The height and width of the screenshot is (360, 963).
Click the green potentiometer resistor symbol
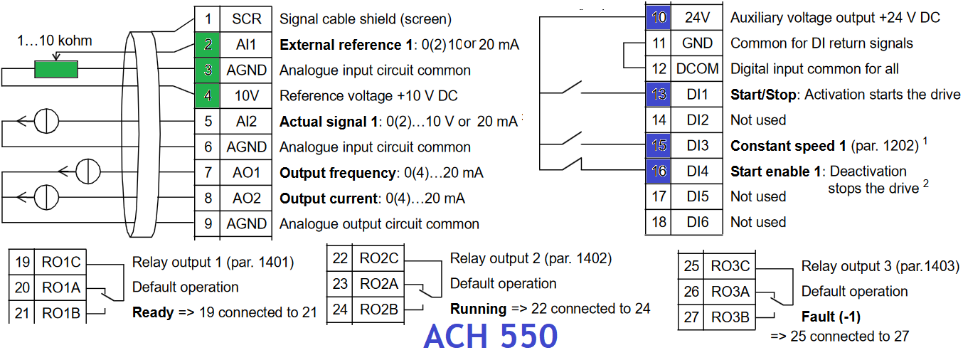point(56,70)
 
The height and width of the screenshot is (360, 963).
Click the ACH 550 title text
point(490,337)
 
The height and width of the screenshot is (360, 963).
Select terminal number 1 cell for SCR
point(208,19)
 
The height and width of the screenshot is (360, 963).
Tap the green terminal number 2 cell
point(208,45)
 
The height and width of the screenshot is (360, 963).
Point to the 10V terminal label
point(246,96)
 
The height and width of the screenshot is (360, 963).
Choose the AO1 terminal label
point(246,173)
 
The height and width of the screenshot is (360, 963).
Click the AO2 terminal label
point(246,198)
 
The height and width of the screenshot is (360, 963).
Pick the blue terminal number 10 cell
point(659,18)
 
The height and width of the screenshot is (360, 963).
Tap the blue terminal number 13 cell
point(659,95)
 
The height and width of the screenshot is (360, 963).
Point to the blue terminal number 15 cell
point(659,146)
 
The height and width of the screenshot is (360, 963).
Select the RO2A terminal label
point(378,284)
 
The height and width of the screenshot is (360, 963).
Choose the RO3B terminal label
point(730,317)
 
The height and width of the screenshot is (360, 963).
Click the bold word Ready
point(153,312)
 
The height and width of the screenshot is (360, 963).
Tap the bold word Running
point(478,309)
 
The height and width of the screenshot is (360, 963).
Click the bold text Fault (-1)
point(831,317)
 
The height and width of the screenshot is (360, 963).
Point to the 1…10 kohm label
point(55,41)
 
